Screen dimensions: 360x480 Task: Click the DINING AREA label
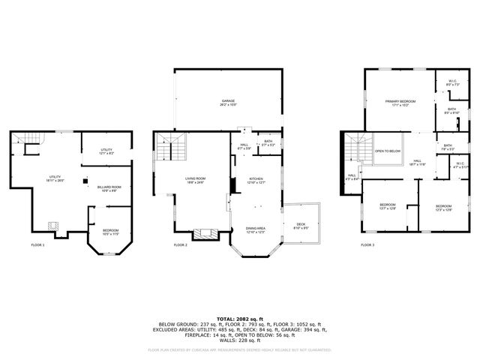pos(256,229)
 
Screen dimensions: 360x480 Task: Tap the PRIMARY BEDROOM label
pos(400,101)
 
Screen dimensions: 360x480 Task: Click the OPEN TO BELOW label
pos(388,151)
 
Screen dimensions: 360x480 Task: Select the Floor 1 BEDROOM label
pos(109,231)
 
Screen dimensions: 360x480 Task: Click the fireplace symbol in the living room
pos(203,234)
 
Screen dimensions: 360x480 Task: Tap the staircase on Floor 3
pos(358,148)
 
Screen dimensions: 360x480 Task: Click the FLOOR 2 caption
pos(180,245)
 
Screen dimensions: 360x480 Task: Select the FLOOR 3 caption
pos(367,245)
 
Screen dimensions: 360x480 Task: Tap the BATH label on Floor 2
pos(268,142)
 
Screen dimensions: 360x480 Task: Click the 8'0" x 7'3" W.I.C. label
pos(452,82)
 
